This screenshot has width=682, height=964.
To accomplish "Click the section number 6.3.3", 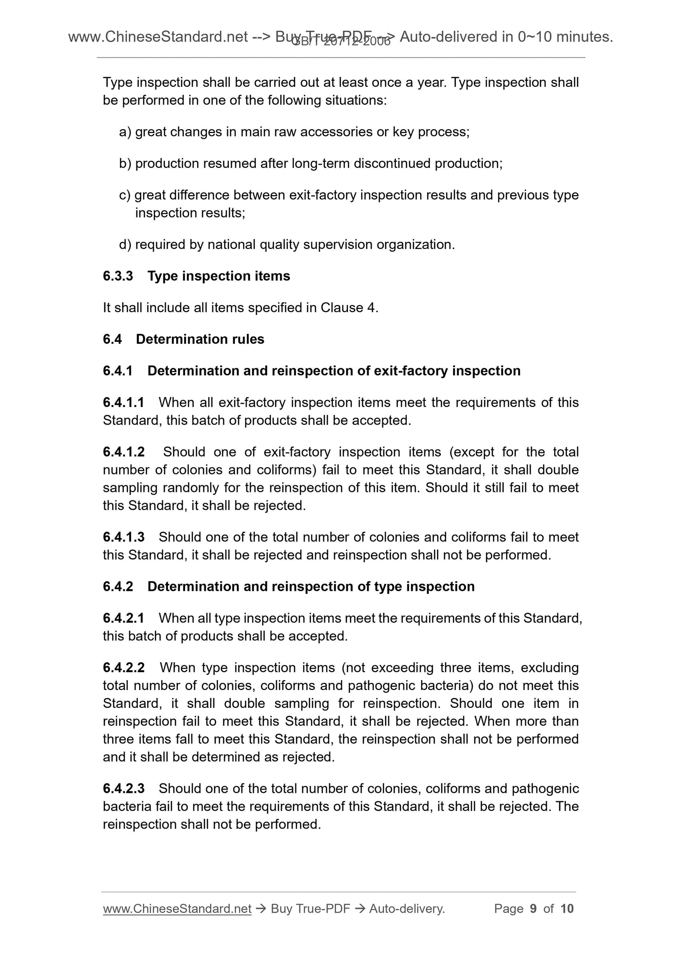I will pos(118,276).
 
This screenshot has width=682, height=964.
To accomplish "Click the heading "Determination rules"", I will pos(200,339).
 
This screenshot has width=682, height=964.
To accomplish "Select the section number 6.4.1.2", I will pos(124,452).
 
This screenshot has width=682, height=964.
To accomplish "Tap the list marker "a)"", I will pos(125,132).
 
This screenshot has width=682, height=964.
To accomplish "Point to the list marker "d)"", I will pos(125,245).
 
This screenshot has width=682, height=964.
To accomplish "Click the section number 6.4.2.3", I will pos(124,788).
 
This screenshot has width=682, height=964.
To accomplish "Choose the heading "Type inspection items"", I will pos(219,276).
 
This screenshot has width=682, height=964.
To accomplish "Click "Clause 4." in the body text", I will pos(349,308).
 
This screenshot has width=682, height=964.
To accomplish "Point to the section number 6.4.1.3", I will pos(124,537).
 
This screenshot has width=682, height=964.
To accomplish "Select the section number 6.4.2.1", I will pos(124,618).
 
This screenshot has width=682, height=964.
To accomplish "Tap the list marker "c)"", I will pos(125,195).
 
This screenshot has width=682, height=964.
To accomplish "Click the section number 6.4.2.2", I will pos(124,667).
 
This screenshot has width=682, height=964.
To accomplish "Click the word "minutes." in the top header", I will pos(585,36).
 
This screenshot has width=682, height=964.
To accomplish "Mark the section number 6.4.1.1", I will pos(124,402).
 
